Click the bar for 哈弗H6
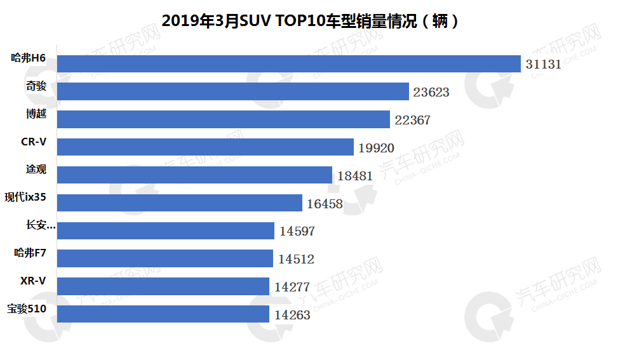(289, 63)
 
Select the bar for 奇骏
(232, 91)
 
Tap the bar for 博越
(223, 119)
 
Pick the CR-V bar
(205, 147)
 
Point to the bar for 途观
(194, 175)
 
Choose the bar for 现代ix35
(179, 203)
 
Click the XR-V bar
(163, 286)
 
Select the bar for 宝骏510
(163, 314)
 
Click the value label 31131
(544, 64)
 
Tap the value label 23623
(431, 92)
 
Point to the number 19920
(376, 148)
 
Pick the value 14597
(297, 231)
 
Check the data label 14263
(292, 315)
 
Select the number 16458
(325, 204)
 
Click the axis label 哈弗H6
(29, 58)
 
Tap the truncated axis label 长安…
(41, 225)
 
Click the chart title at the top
(311, 20)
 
